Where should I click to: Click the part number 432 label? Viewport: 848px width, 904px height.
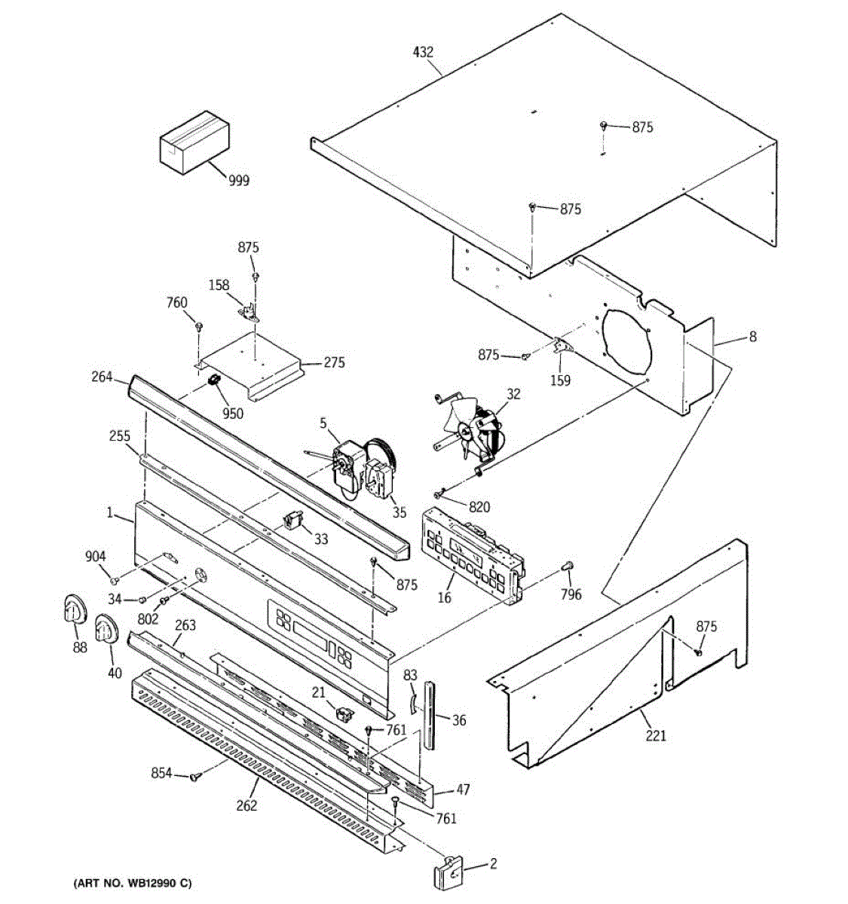[x=423, y=52]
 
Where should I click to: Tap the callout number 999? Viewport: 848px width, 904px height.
[x=239, y=180]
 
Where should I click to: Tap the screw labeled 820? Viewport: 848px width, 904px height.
[x=438, y=494]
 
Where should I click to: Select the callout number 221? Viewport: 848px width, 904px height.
[x=656, y=735]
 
